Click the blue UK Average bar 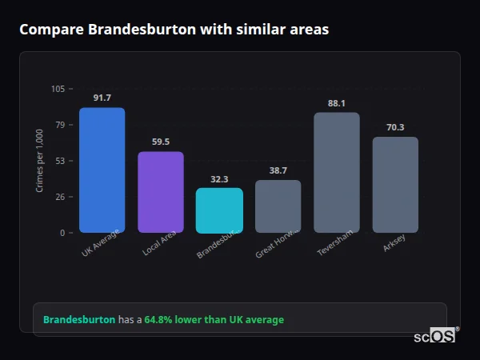tap(102, 170)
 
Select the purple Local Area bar tap(161, 192)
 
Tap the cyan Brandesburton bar tap(219, 210)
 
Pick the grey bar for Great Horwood tap(278, 206)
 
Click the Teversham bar tap(337, 172)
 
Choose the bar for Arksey tap(395, 185)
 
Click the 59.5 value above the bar tap(161, 142)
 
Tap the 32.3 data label tap(219, 179)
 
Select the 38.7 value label tap(278, 170)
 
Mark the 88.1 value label tap(337, 103)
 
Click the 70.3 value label tap(395, 127)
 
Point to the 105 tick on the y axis tap(58, 89)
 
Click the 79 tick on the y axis tap(60, 125)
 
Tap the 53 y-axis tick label tap(60, 161)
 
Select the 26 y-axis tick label tap(60, 197)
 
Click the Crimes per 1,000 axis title tap(40, 161)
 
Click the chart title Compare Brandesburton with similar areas tap(174, 29)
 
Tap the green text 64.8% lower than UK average tap(214, 320)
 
